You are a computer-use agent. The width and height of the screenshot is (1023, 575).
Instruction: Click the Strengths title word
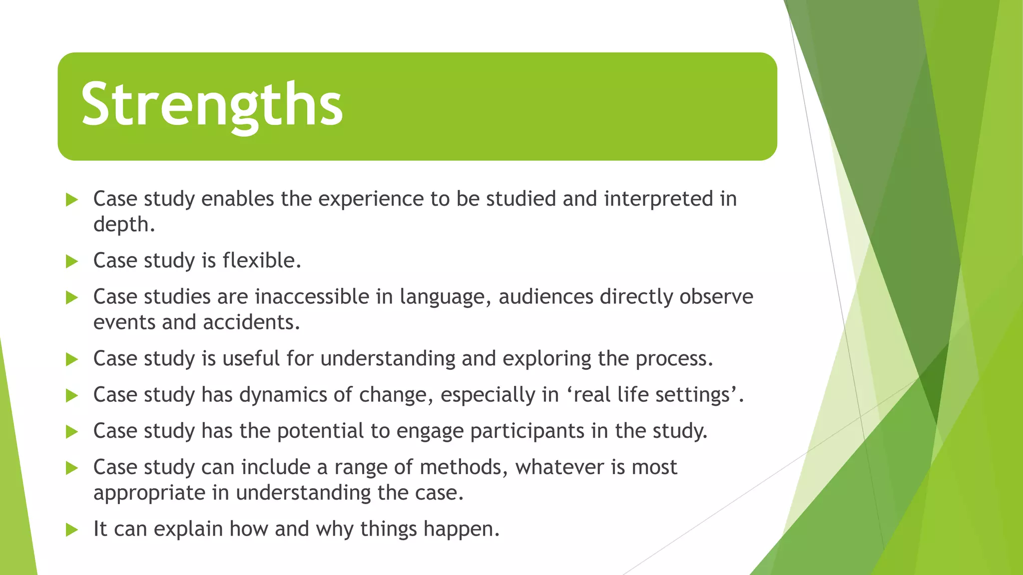point(212,105)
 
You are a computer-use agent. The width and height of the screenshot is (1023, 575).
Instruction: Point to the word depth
point(123,225)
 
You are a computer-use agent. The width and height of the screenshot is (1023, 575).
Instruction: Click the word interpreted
point(658,199)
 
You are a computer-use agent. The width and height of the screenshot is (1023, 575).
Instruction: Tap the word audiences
point(546,297)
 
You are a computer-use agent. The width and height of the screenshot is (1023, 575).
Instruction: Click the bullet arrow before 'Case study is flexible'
point(72,261)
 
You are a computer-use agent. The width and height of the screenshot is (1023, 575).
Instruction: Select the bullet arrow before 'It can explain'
point(72,530)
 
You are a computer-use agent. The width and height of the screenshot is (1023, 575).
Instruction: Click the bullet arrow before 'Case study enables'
point(72,200)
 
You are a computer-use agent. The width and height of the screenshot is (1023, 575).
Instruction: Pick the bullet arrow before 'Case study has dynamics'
point(72,396)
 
